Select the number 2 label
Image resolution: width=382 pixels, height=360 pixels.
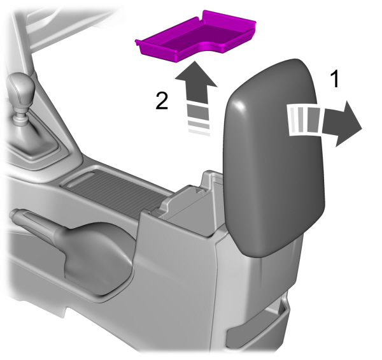pos(163,101)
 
